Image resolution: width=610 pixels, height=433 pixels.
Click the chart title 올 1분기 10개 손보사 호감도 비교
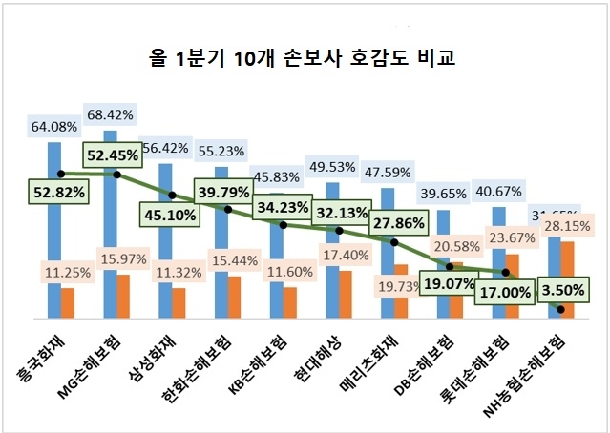pyautogui.click(x=304, y=59)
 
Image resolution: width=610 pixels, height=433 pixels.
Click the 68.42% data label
pyautogui.click(x=110, y=115)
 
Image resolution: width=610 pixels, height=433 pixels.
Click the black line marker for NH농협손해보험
pyautogui.click(x=561, y=309)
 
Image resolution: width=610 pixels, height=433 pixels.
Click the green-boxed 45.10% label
pyautogui.click(x=170, y=215)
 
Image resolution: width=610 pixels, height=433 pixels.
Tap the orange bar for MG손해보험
pyautogui.click(x=123, y=296)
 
